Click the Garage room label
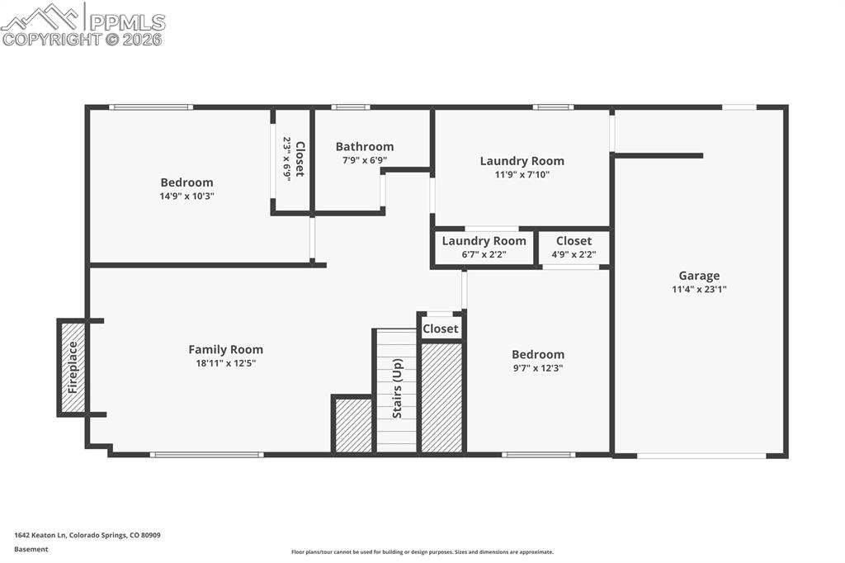pos(699,276)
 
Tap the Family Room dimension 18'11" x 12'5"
pos(225,363)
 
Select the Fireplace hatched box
pos(73,367)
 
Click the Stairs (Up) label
pos(397,390)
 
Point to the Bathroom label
pos(364,147)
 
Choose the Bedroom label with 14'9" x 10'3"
pos(186,182)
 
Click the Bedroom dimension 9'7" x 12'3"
pos(537,368)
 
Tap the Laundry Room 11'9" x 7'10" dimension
pos(522,175)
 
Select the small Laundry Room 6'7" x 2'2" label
pos(484,241)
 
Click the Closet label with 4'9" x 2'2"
pos(574,241)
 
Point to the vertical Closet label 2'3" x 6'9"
pos(300,159)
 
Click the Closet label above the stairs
pos(440,329)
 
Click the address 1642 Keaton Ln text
pos(87,535)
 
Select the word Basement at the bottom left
pos(31,549)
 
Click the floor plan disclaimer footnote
pos(422,552)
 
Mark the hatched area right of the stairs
pos(441,397)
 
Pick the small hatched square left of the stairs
pos(353,425)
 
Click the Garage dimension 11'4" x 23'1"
pos(699,290)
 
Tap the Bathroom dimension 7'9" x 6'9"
pos(364,161)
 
